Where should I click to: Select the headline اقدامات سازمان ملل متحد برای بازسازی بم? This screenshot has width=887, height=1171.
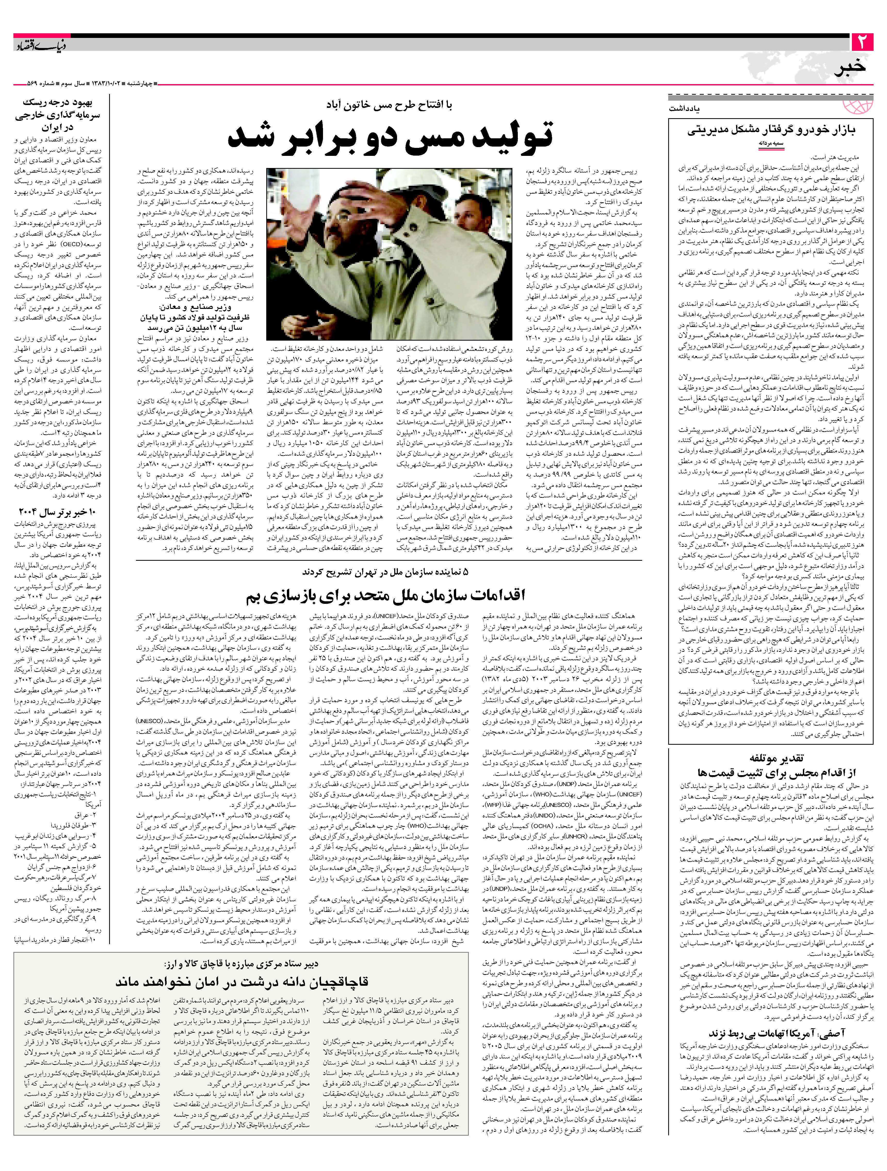[385, 596]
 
